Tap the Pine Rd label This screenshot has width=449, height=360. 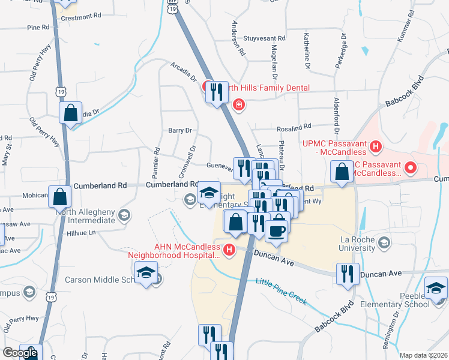(x=38, y=28)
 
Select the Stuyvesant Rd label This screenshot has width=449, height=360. (x=264, y=38)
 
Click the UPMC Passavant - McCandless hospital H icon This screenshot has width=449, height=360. (x=376, y=146)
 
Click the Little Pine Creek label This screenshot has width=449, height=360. (x=281, y=290)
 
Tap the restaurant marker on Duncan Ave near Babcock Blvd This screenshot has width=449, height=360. (x=348, y=273)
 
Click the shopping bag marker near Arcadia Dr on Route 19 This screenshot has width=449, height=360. (x=70, y=112)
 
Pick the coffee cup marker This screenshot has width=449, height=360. (x=276, y=230)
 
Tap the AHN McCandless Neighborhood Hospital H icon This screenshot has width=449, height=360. (x=229, y=250)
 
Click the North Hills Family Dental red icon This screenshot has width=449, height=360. (x=239, y=106)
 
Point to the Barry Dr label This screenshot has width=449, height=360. (x=179, y=130)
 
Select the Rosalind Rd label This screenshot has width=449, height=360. (x=294, y=127)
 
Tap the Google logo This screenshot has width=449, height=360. (x=20, y=353)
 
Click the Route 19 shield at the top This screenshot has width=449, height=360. (x=172, y=8)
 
